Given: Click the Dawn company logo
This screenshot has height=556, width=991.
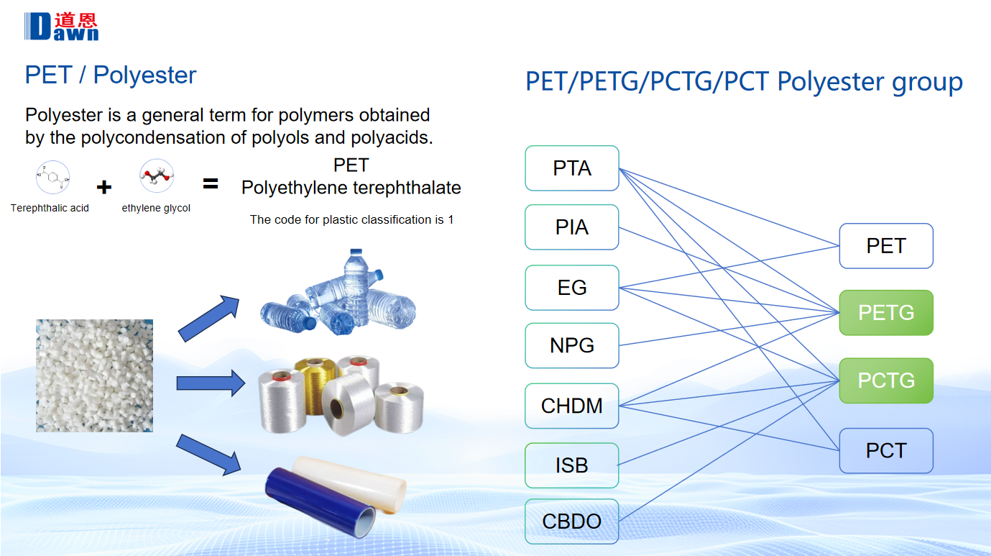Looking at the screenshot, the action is (x=62, y=27).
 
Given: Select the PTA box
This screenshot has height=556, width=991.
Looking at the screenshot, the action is (x=571, y=168).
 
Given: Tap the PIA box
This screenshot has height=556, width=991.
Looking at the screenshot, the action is (x=571, y=227).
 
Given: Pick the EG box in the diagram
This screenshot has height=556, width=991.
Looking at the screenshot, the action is (x=571, y=288).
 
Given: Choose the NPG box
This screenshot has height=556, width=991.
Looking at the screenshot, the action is (x=571, y=345).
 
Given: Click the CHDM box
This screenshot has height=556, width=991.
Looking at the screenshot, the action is (x=571, y=406).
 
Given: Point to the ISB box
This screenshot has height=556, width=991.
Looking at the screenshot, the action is (x=571, y=465).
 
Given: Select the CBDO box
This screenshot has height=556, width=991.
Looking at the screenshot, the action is (x=571, y=521).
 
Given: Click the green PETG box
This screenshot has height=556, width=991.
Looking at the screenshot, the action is (x=886, y=313).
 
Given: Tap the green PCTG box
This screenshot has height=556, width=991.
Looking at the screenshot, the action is (x=886, y=380).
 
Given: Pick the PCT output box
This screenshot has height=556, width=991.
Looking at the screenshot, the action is (x=886, y=451).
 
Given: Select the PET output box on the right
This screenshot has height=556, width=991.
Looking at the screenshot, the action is (x=886, y=246).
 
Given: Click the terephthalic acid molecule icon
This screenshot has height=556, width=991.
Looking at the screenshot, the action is (x=52, y=178).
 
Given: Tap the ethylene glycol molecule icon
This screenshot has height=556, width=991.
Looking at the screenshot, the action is (x=157, y=176).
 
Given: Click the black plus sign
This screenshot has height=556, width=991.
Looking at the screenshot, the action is (x=104, y=187).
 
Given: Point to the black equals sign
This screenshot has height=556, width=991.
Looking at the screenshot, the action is (x=210, y=183).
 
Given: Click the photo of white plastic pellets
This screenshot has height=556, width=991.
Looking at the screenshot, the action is (x=94, y=375).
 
